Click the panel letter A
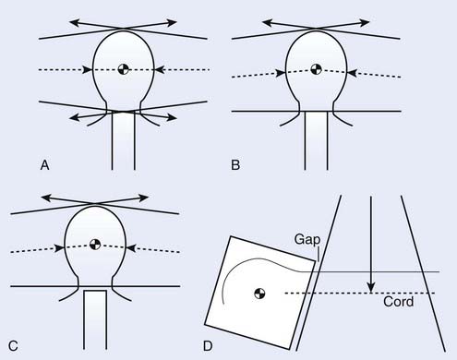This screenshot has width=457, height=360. (44, 165)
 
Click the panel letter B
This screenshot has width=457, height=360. (235, 165)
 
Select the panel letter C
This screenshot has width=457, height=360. (13, 346)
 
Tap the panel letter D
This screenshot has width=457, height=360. (208, 346)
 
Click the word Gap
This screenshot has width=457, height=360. (307, 240)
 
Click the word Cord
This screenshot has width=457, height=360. (398, 302)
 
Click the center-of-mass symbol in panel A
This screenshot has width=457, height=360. (124, 69)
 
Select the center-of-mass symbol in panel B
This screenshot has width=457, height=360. (316, 69)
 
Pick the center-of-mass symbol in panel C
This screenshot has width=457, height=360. (95, 245)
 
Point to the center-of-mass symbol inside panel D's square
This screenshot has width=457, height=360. (259, 294)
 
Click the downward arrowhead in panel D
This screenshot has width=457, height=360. (371, 287)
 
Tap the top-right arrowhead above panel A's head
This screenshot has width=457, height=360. (172, 22)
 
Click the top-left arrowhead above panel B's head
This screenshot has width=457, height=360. (267, 22)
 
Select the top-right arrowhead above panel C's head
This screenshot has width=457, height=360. (143, 198)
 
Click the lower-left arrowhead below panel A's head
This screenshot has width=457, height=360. (75, 117)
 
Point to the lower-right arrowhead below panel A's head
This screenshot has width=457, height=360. (172, 117)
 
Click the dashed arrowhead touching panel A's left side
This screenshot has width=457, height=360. (87, 69)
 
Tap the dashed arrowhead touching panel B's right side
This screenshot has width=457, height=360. (353, 73)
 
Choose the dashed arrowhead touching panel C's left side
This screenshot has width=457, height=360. (59, 248)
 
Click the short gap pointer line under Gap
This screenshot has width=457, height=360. (318, 255)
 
